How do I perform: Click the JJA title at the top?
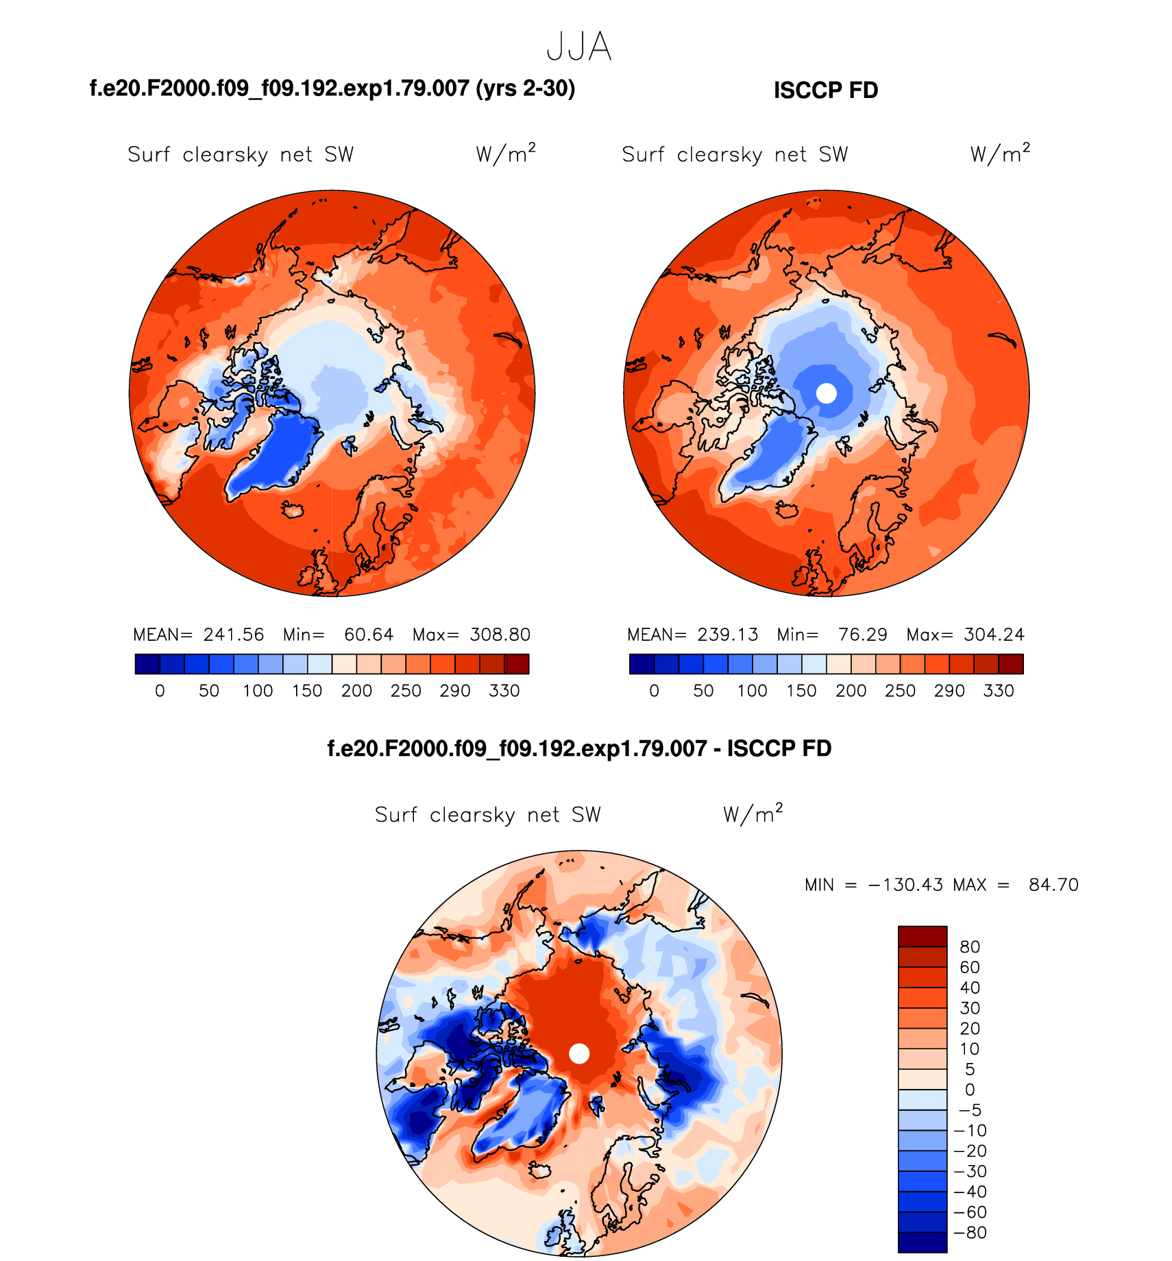[579, 47]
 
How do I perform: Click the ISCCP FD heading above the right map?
[826, 90]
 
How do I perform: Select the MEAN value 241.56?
[233, 635]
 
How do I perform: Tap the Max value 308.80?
[500, 635]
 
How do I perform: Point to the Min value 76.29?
[862, 635]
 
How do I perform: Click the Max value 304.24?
[994, 635]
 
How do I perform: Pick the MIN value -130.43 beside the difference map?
[905, 885]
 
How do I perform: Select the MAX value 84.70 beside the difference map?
[1053, 885]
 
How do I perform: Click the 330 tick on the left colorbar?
[504, 691]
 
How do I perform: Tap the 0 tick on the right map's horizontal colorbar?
[654, 691]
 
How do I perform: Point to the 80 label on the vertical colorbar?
[970, 947]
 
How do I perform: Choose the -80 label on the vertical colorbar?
[970, 1232]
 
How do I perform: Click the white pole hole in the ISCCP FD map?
[827, 393]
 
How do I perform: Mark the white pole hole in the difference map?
[579, 1053]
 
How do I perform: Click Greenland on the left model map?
[274, 452]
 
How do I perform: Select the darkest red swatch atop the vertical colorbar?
[923, 936]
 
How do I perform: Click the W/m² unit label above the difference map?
[753, 814]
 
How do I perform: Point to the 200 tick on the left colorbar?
[356, 691]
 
